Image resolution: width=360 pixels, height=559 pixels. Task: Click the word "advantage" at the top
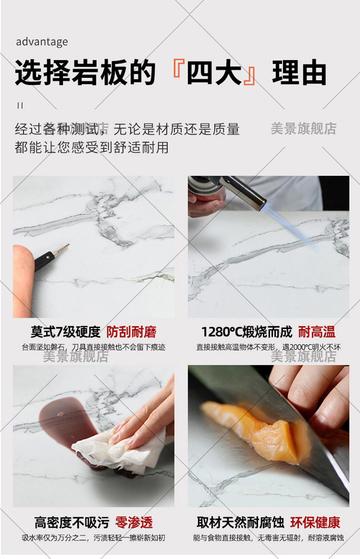[42, 42]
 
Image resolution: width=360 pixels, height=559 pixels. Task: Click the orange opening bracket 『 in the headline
[179, 68]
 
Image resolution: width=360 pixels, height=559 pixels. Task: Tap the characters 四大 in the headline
[215, 72]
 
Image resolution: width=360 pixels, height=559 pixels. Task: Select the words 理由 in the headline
[299, 72]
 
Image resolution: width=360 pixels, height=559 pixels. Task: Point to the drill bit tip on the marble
[68, 245]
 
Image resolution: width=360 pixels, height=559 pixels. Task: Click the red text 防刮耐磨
[131, 332]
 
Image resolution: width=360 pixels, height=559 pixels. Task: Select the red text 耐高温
[317, 332]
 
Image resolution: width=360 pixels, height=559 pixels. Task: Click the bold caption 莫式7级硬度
[66, 332]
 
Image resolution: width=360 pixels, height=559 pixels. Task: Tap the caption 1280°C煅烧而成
[247, 332]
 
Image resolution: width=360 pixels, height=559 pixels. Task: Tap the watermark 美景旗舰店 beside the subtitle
[303, 128]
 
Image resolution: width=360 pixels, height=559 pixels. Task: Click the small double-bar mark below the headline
[20, 106]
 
